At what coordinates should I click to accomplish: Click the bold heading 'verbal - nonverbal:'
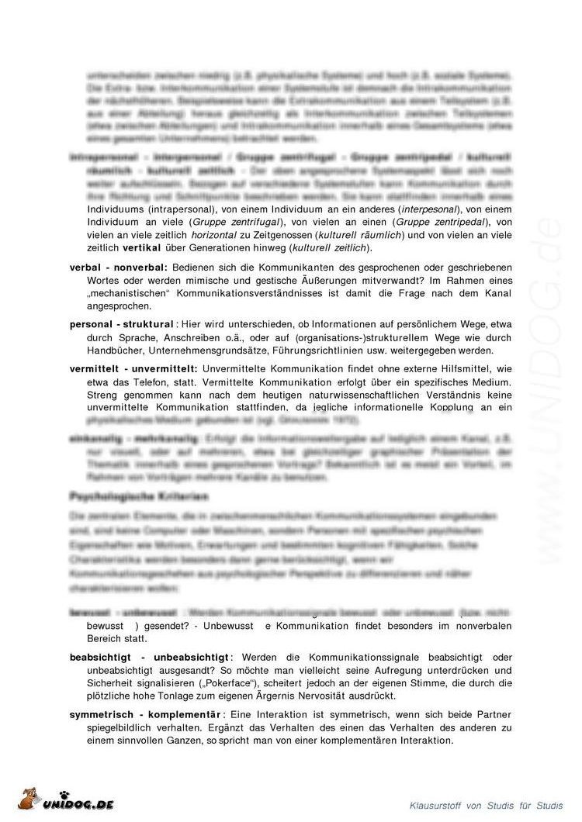click(x=118, y=268)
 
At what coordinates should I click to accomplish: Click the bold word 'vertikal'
click(x=143, y=248)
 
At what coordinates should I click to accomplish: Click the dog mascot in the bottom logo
click(x=32, y=801)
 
